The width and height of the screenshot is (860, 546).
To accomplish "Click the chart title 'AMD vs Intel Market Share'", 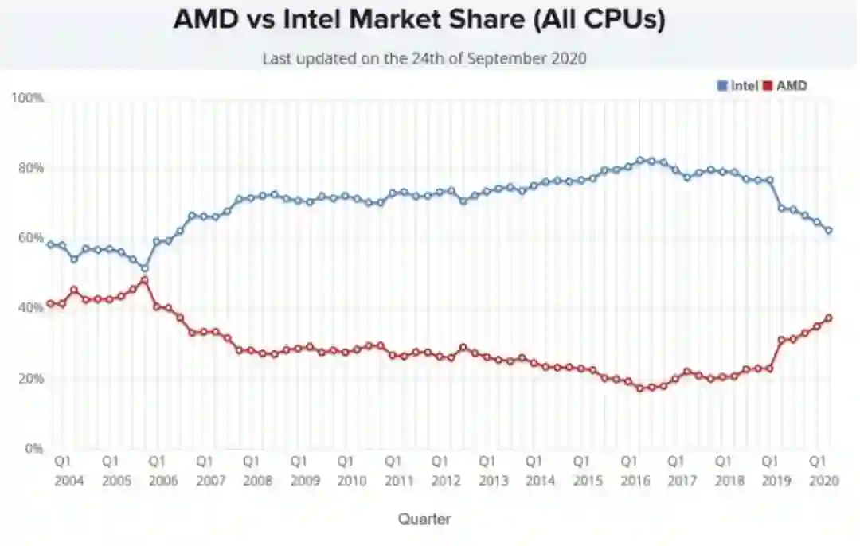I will coord(419,20).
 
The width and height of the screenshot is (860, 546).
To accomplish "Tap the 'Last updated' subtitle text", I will coord(424,58).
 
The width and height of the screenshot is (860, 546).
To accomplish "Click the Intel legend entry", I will coord(737,85).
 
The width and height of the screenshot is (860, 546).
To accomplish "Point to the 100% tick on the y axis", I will coord(27,98).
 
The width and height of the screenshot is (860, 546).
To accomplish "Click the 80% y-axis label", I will coord(29,168).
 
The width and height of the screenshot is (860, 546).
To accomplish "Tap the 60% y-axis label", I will coord(29,238).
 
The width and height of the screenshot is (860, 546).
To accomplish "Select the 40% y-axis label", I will coord(29,308).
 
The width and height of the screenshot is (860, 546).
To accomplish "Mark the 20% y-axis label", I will coord(29,378).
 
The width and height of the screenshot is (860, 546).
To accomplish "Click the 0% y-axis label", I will coord(32,448).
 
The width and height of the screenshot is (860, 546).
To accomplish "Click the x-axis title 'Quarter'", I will coord(424,519).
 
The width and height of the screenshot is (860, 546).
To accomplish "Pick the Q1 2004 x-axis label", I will coord(68,471).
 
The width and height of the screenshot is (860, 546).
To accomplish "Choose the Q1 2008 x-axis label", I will coord(257,471).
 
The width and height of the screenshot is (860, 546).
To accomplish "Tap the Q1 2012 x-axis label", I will coord(446,471).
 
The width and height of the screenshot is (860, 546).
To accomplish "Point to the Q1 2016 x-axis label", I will coord(635,471).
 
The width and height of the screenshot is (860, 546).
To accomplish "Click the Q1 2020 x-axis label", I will coord(823,471).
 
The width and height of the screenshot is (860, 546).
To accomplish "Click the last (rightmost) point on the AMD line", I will coord(829,318).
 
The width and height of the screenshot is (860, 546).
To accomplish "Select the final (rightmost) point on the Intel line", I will coord(829,231).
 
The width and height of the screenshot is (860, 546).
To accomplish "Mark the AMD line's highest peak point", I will coord(144,279).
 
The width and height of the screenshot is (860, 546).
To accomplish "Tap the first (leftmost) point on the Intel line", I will coord(50,244).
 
